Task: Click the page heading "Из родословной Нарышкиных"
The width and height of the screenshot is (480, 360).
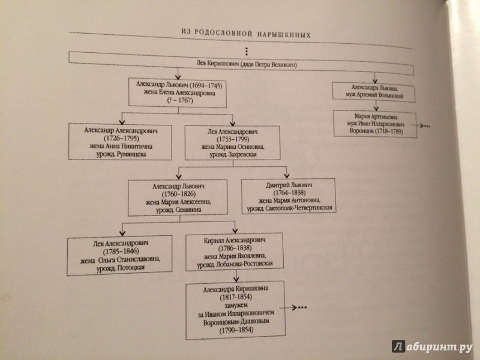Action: [246, 33]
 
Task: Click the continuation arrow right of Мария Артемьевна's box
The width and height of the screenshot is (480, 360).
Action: [421, 125]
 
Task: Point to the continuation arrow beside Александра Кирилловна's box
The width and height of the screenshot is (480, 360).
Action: [293, 307]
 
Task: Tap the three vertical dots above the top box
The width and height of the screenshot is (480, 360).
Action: [247, 52]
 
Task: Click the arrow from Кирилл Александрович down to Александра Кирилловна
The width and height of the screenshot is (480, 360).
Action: [236, 276]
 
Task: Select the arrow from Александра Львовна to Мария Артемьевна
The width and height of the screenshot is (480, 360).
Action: [376, 106]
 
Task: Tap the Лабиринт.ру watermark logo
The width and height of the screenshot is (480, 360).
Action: [432, 347]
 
